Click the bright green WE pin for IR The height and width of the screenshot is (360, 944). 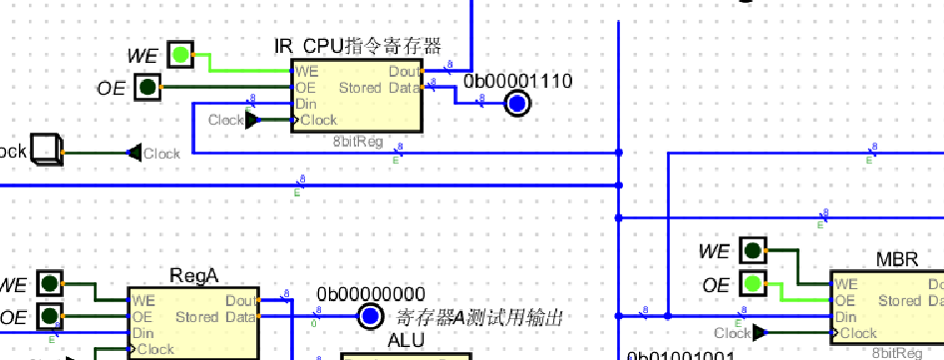(x=179, y=54)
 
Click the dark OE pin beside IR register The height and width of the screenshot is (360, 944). (x=148, y=88)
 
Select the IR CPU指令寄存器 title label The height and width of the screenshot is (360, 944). (x=357, y=46)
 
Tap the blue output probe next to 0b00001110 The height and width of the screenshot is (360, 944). (x=516, y=103)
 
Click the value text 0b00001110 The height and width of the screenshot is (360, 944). (x=518, y=80)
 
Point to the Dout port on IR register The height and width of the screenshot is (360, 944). (x=404, y=72)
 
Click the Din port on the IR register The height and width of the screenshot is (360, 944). (x=305, y=104)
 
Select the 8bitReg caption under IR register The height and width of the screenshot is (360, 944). (x=358, y=142)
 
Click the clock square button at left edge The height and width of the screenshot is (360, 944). (x=46, y=150)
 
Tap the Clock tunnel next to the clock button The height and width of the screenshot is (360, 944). (x=157, y=154)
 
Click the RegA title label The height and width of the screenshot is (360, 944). (x=193, y=275)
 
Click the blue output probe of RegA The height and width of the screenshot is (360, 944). (x=370, y=317)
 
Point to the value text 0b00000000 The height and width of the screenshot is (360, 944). (x=371, y=294)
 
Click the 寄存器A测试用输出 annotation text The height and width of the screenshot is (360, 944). (x=479, y=318)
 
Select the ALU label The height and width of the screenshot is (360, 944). (x=406, y=341)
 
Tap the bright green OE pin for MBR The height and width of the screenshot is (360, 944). (x=753, y=285)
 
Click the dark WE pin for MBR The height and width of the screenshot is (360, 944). (x=753, y=251)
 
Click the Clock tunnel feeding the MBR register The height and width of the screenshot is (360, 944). (x=739, y=332)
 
